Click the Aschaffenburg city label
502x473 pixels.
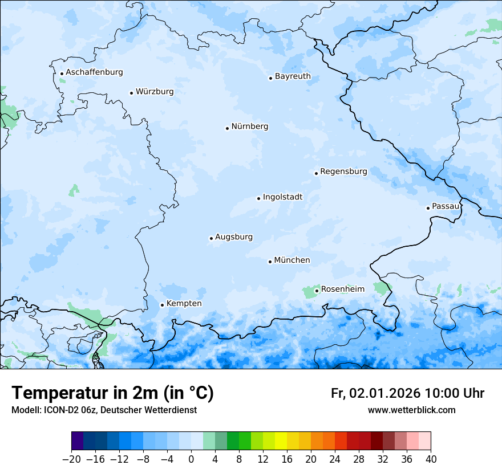coord(94,72)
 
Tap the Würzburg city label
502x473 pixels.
coord(155,92)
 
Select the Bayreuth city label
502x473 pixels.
coord(293,76)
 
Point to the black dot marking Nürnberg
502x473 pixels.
coord(227,128)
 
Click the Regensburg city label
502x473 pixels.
coord(343,172)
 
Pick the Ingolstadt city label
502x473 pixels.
coord(282,197)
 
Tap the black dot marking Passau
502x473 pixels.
coord(428,208)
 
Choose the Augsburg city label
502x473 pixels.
coord(234,237)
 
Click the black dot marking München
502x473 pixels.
coord(270,262)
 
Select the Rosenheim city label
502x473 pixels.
coord(342,289)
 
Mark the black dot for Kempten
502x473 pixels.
coord(162,305)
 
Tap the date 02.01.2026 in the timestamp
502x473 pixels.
coord(384,393)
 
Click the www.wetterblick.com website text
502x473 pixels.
coord(411,410)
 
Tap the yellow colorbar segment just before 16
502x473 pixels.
coord(281,441)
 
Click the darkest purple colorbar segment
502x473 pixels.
coord(78,441)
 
